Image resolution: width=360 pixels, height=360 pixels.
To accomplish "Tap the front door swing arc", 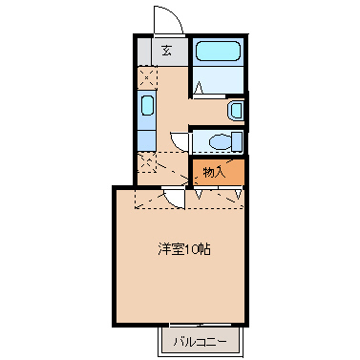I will pyautogui.click(x=162, y=19).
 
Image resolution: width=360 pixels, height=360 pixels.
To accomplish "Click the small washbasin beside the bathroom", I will pyautogui.click(x=235, y=111).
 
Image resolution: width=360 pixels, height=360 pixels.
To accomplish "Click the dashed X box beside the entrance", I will pyautogui.click(x=148, y=75).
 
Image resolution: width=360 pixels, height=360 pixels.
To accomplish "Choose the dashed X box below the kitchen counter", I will pyautogui.click(x=148, y=163).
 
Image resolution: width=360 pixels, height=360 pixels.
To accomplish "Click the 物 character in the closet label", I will pyautogui.click(x=210, y=172).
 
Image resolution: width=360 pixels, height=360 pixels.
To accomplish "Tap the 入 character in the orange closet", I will pyautogui.click(x=222, y=172).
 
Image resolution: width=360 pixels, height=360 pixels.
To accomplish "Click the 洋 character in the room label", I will pyautogui.click(x=163, y=249).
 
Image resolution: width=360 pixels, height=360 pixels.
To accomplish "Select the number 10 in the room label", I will pyautogui.click(x=190, y=249).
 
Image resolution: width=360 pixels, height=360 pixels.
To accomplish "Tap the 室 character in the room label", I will pyautogui.click(x=176, y=249).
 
